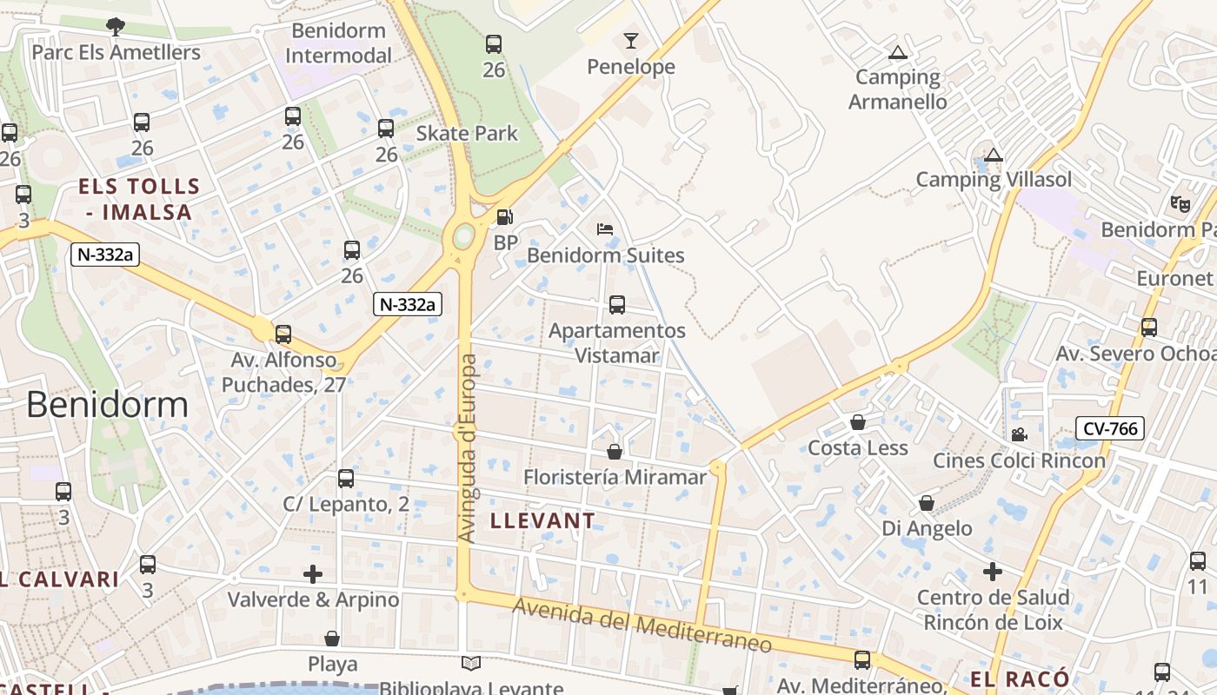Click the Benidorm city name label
pos(107,405)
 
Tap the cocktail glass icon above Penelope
pos(631,41)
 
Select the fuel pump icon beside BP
pos(505,217)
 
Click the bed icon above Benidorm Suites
pos(605,229)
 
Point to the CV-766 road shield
pos(1109,427)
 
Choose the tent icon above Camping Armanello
pos(898,52)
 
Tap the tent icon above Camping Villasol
pos(994,156)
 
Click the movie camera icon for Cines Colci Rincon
pos(1019,434)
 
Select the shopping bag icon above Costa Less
pos(858,422)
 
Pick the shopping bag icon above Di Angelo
pos(927,503)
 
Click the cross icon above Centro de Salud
pos(992,572)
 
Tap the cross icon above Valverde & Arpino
pos(313,574)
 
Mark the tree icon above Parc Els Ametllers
pos(115,27)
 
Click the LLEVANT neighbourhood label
pos(543,520)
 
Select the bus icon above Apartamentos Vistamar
pos(617,305)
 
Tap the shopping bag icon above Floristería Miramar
pos(615,452)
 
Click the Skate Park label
pos(467,133)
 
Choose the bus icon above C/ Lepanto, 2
pos(346,478)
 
